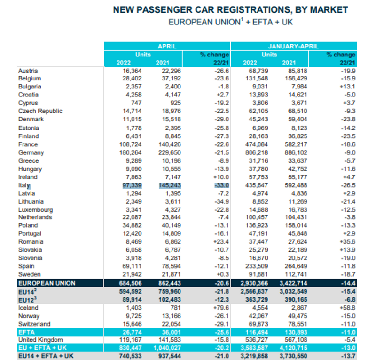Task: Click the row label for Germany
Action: tap(31, 152)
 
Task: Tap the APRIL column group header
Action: tap(167, 46)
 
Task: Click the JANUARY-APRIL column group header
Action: tap(293, 46)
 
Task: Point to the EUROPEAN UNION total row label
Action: tap(47, 283)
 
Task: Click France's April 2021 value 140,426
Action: tap(168, 144)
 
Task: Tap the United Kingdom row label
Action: tap(40, 340)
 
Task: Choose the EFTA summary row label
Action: tap(26, 332)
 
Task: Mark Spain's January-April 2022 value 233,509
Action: tap(256, 266)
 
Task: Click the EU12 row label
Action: tap(27, 299)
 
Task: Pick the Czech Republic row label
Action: tap(40, 111)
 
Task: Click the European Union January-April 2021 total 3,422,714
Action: tap(295, 283)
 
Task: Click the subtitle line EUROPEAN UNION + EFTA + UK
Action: tap(230, 22)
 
